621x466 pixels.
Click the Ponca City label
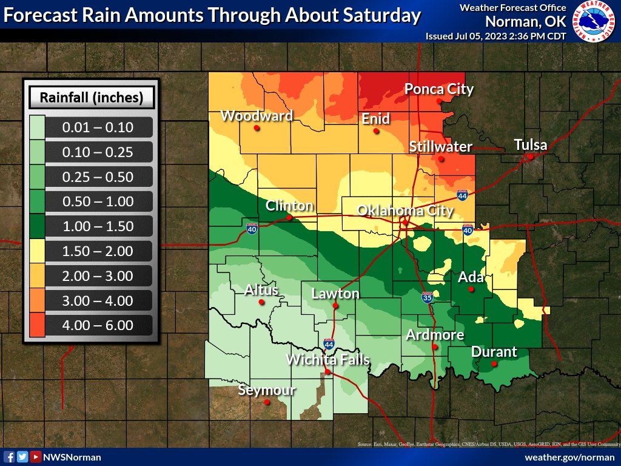[438, 89]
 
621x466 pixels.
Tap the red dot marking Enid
[376, 130]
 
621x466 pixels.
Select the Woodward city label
[257, 115]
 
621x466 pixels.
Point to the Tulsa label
[530, 145]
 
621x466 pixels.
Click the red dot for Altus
[261, 302]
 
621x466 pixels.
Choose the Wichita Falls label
[327, 359]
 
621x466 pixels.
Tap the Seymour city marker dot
[267, 402]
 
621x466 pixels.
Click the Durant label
[494, 351]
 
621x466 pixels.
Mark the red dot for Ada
[471, 289]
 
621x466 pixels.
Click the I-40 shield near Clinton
[252, 228]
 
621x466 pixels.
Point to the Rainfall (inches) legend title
[92, 97]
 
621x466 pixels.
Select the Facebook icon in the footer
[10, 457]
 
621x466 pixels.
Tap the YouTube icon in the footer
[36, 457]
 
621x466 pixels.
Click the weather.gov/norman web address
[569, 457]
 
